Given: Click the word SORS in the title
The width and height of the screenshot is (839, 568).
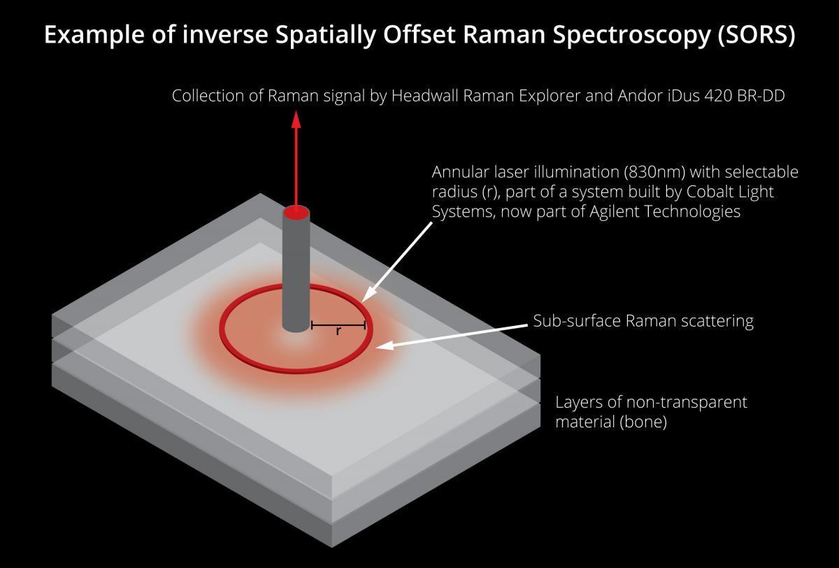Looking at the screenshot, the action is pos(756,34).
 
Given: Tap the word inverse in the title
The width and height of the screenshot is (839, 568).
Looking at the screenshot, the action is pos(225,34).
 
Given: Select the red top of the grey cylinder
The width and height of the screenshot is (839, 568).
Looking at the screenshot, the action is pos(296,213).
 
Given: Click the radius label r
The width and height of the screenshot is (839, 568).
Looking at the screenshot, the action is pos(338,331).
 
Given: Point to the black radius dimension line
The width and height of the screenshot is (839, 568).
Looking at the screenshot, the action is pos(338,325).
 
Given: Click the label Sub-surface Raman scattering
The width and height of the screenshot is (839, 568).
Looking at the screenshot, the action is pos(643,321).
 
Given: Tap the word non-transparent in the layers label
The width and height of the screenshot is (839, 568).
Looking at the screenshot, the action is pos(687,402).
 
